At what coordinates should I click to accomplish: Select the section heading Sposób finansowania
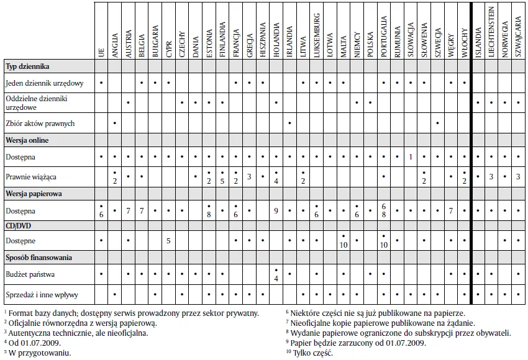tap(39, 257)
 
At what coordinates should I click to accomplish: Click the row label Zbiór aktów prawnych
tap(39, 124)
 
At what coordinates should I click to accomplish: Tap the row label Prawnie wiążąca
tap(30, 177)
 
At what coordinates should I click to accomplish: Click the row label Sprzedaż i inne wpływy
tap(40, 294)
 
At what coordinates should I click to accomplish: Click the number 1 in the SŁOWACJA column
tap(411, 157)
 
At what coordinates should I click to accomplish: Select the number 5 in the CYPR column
tap(169, 241)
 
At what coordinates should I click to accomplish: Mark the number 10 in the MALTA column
tap(344, 245)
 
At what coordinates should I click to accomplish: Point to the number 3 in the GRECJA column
tap(248, 177)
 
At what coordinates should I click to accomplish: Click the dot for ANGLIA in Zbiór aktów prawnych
tap(115, 124)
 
